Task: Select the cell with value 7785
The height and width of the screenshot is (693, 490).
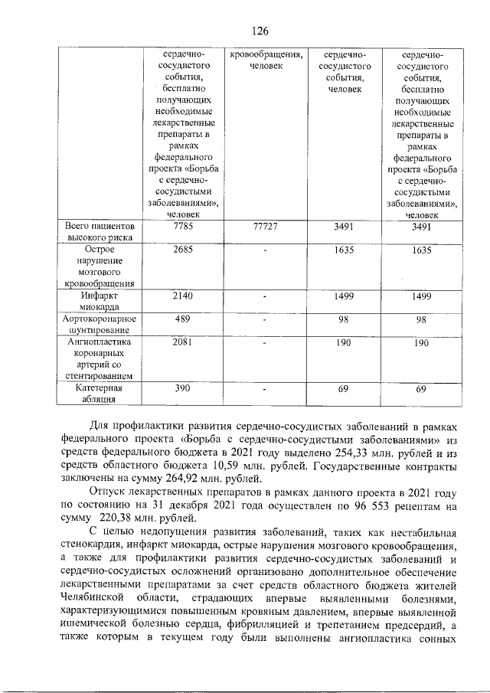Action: (x=182, y=227)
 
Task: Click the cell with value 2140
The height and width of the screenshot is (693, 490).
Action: (x=182, y=296)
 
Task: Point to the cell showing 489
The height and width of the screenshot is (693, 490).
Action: (x=182, y=319)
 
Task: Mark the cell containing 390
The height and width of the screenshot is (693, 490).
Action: (x=182, y=388)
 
